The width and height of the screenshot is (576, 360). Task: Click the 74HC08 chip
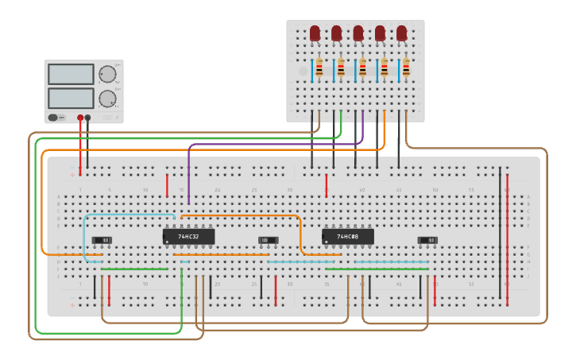(x=347, y=237)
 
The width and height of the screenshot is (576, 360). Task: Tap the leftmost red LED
(x=315, y=33)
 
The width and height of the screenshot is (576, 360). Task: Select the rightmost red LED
(x=402, y=33)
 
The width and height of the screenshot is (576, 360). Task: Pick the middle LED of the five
(x=358, y=33)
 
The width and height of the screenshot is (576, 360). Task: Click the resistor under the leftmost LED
(x=319, y=70)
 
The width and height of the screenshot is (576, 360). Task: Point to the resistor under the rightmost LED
(x=406, y=70)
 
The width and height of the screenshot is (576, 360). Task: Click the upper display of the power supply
(x=71, y=74)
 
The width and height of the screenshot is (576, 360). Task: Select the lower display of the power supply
(x=71, y=99)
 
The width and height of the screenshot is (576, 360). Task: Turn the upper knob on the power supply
(x=107, y=74)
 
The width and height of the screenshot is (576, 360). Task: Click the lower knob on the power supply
(x=107, y=99)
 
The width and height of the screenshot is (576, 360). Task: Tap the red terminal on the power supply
(x=80, y=118)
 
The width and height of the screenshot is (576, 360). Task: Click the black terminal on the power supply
(x=87, y=118)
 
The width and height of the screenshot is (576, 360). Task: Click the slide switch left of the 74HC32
(x=102, y=240)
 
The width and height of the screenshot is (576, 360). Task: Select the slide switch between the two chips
(x=269, y=240)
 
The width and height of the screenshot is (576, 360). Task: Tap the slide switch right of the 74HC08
(x=427, y=240)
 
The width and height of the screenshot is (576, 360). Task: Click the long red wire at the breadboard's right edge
(x=507, y=238)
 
